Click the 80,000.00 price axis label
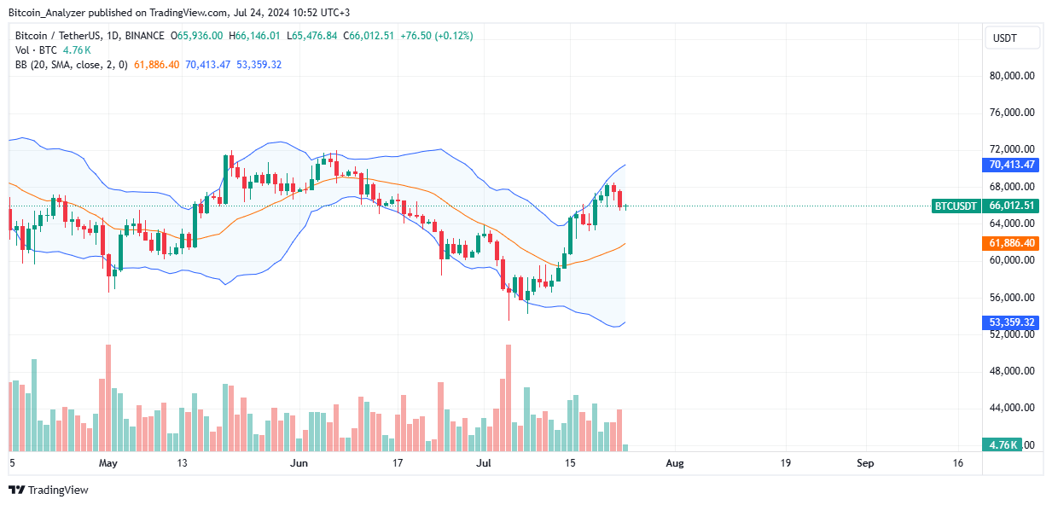click(1012, 75)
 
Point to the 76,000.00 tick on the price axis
click(1012, 113)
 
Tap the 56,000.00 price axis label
click(1012, 298)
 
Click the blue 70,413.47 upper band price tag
click(1012, 165)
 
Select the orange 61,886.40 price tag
click(1012, 243)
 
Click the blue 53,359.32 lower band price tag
click(1012, 322)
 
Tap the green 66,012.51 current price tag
click(1012, 206)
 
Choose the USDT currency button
click(1012, 38)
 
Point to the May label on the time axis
click(107, 463)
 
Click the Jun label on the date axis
click(299, 463)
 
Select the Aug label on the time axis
click(674, 463)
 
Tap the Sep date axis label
click(865, 463)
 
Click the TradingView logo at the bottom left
click(49, 490)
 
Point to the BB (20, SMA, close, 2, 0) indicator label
click(72, 65)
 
